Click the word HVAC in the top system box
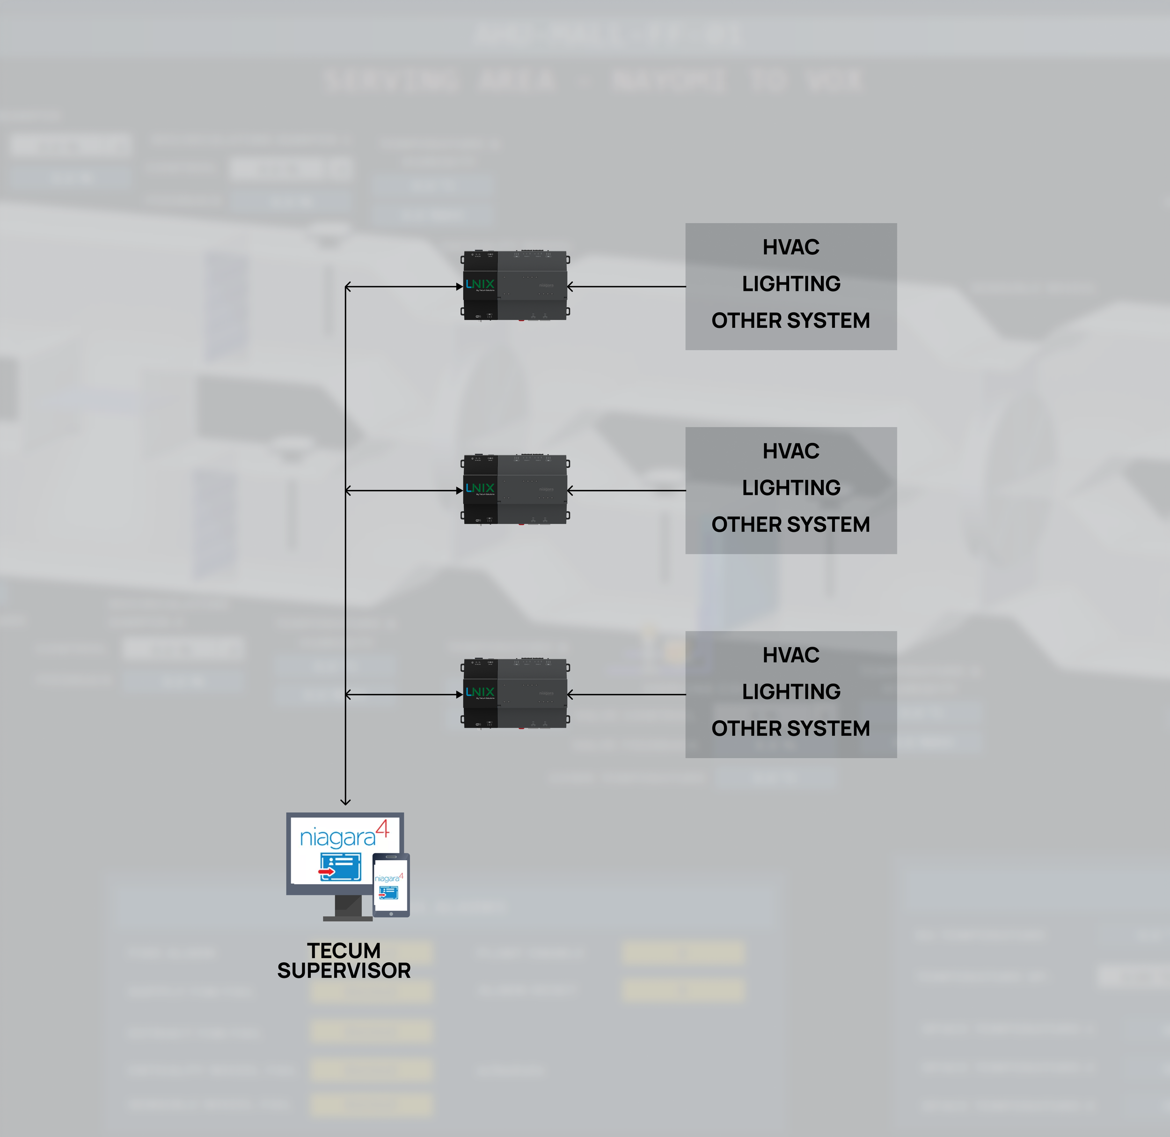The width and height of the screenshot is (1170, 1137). [790, 247]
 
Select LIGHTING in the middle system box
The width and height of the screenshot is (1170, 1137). [791, 488]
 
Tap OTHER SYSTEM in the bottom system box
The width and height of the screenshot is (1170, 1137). [790, 729]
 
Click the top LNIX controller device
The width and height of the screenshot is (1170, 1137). [516, 286]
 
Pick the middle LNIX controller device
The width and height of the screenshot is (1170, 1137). [516, 490]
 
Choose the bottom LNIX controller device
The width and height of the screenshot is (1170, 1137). [516, 694]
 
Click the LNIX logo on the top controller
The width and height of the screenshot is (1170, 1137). [480, 284]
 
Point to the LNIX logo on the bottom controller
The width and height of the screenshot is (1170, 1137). [480, 692]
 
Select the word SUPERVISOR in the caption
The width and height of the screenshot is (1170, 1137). [344, 970]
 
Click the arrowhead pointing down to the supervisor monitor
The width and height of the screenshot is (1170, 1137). [345, 801]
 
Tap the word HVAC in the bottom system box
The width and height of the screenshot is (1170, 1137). [790, 655]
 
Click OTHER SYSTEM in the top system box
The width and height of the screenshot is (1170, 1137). [790, 321]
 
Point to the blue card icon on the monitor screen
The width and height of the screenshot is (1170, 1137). [341, 867]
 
